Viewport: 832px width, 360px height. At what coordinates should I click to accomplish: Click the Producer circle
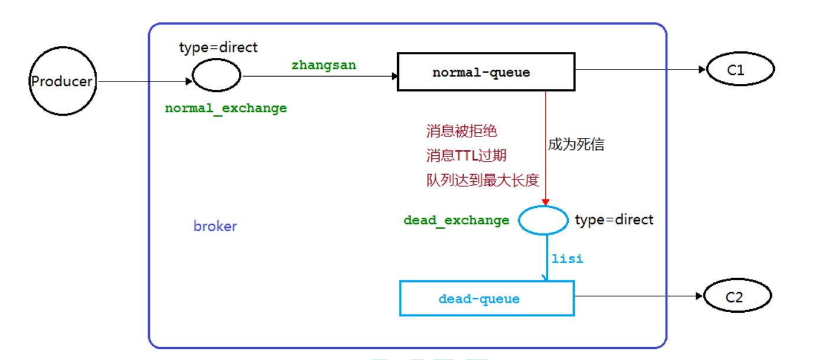coord(62,81)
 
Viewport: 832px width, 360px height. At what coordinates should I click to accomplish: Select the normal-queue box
coord(486,72)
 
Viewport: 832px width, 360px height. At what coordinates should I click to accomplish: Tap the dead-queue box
coord(487,298)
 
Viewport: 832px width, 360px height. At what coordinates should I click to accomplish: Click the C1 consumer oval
coord(740,70)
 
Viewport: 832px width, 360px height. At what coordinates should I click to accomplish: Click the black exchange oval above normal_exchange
coord(217,76)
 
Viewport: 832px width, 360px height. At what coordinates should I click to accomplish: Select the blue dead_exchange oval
coord(543,220)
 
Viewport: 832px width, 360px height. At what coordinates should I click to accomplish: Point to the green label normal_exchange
coord(226,109)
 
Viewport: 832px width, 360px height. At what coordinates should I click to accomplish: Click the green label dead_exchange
coord(456,221)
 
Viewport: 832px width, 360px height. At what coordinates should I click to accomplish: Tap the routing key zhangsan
coord(323,66)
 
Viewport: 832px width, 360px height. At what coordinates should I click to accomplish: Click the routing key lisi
coord(567,258)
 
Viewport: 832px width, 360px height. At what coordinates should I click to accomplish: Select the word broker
coord(215,227)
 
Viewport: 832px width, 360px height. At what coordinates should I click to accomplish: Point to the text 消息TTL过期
coord(466,156)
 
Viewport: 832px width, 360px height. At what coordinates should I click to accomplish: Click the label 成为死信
coord(576,145)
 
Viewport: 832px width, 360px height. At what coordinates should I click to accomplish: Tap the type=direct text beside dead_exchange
coord(614,220)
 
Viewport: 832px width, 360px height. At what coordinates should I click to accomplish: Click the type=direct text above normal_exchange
coord(218,48)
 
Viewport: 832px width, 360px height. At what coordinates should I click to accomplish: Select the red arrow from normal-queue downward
coord(546,148)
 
